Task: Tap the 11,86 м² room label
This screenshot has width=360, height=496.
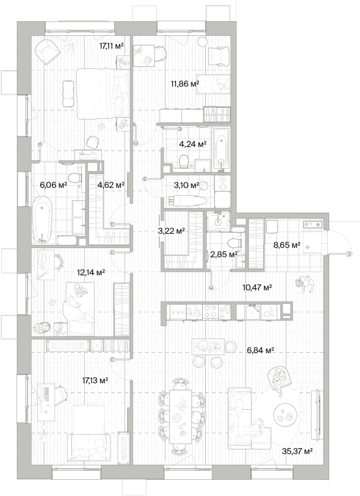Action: pos(185,84)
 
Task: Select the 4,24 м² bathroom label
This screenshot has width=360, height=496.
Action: pos(193,144)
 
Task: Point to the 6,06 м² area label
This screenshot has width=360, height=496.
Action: pos(53,185)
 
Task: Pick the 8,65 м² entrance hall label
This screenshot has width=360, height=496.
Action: pos(287,244)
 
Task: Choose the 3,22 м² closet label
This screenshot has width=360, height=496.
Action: pos(171,231)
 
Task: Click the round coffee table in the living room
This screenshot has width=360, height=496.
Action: pos(285,415)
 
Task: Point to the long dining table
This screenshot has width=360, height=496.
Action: pos(180,416)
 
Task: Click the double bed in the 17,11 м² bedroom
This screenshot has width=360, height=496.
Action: pos(103,94)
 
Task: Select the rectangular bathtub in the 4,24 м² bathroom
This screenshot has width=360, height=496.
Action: pos(221,149)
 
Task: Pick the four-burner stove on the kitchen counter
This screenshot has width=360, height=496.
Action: pos(210,311)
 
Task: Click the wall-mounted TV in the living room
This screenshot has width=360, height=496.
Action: pos(317,415)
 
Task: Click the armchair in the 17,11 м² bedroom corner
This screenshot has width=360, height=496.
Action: pos(48,51)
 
